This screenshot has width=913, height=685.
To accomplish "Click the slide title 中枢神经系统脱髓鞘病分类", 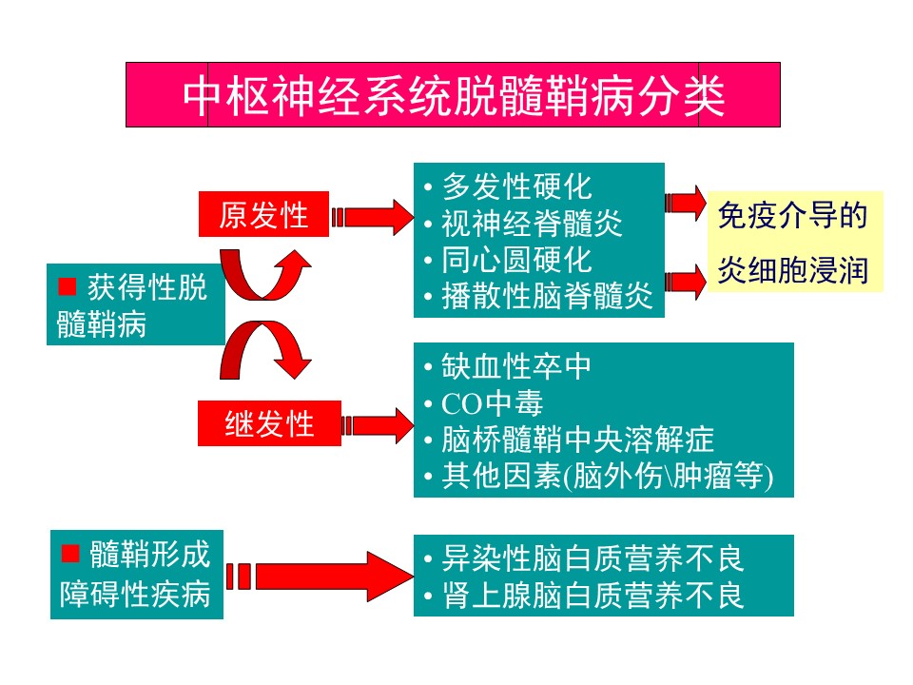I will click(x=453, y=95).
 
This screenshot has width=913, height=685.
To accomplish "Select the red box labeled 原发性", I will click(x=263, y=215).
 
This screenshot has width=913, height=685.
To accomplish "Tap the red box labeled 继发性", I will click(x=269, y=423).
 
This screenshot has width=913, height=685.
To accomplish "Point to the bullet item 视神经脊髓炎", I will click(x=532, y=223).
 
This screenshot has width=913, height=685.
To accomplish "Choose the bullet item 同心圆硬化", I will click(x=516, y=260).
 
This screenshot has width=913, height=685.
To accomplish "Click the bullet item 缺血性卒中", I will click(x=516, y=365).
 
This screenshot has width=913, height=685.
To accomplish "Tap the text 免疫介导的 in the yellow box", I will click(x=792, y=216).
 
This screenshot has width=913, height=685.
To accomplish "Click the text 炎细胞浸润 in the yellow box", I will click(x=792, y=270).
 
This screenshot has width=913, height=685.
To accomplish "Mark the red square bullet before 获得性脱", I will click(x=67, y=285).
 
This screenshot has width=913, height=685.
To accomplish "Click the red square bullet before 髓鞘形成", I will click(x=68, y=554).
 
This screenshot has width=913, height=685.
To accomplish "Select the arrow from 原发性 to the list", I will click(x=373, y=218).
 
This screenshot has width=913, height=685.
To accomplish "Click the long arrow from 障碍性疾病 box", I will click(x=323, y=576).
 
